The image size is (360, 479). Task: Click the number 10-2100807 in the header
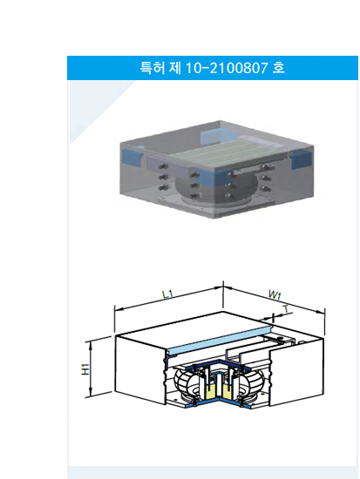[x=227, y=68]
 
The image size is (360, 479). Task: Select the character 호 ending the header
[x=279, y=68]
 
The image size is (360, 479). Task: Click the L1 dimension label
[x=167, y=294]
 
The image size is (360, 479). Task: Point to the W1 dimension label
[x=275, y=294]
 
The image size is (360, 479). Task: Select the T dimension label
[x=286, y=309]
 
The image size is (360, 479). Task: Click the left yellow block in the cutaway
[x=210, y=392]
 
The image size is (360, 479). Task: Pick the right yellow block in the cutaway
[x=228, y=392]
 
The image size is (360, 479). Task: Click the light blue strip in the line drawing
[x=220, y=341]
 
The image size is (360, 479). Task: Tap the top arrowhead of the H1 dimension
[x=91, y=345]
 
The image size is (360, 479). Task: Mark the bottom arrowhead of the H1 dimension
[x=91, y=392]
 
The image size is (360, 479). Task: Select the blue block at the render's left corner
[x=132, y=157]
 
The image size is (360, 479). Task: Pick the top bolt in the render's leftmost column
[x=163, y=167]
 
